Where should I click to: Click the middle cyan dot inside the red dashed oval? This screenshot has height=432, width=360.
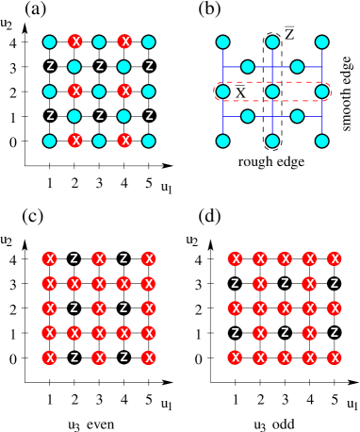tap(272, 91)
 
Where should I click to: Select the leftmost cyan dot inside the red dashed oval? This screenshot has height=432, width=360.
tap(222, 91)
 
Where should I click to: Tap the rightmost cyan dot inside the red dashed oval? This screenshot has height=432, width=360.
tap(322, 91)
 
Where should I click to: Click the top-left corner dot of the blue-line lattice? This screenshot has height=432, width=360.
tap(222, 42)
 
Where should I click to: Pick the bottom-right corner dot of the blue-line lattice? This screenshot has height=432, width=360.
tap(322, 141)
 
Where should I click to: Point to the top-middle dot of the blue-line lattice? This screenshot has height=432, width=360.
tap(272, 42)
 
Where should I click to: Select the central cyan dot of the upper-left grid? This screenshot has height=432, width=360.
tap(99, 91)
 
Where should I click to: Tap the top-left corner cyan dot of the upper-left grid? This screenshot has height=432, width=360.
tap(50, 42)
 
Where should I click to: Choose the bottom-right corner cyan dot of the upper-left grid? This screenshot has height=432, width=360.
tap(149, 141)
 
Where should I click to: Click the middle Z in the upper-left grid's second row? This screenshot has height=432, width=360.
tap(99, 67)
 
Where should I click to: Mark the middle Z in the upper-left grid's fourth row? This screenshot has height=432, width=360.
tap(99, 116)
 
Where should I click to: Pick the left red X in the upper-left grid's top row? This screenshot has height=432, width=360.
tap(74, 42)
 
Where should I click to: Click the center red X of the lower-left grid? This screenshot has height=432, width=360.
tap(99, 308)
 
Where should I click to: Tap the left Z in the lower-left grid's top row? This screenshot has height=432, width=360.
tap(74, 258)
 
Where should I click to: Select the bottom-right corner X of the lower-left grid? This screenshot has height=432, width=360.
tap(148, 357)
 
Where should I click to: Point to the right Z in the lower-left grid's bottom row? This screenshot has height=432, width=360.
tap(123, 357)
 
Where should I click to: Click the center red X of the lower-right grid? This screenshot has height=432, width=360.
tap(285, 308)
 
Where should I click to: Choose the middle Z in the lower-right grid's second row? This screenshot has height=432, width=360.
tap(285, 283)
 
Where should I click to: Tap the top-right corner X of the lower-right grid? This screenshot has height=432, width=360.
tap(334, 258)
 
